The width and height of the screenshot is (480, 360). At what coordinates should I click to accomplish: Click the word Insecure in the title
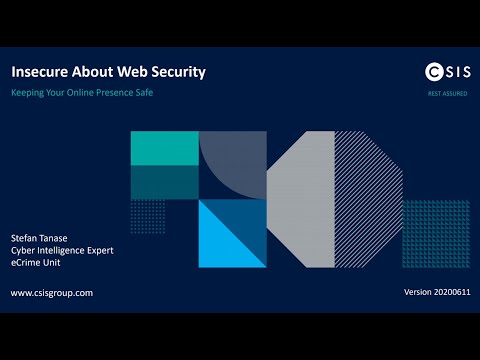tap(42, 72)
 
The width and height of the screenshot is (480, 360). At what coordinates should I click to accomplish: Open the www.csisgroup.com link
tap(52, 293)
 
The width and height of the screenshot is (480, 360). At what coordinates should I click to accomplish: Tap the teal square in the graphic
tap(164, 147)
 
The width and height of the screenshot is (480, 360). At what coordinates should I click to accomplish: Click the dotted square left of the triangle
tap(148, 216)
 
